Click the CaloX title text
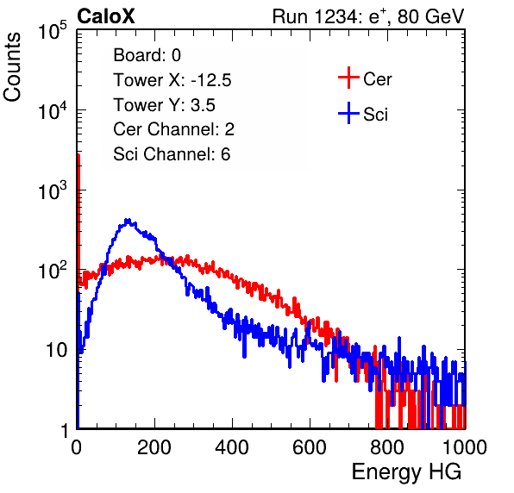[106, 16]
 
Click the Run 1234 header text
[368, 16]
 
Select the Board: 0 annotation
[147, 55]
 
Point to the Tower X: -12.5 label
[172, 80]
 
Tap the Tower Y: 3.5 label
[164, 105]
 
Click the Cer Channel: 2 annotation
[173, 129]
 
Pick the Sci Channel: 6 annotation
[172, 154]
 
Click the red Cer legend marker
[348, 78]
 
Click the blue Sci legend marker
[348, 114]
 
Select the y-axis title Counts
[12, 66]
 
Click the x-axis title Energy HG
[406, 472]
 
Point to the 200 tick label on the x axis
[154, 447]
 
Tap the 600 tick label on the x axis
[310, 447]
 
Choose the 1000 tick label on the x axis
[465, 447]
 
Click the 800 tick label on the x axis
[387, 447]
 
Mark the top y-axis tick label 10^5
[53, 30]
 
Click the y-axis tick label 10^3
[53, 190]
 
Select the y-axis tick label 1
[64, 430]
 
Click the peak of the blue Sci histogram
[128, 220]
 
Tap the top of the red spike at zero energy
[78, 154]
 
